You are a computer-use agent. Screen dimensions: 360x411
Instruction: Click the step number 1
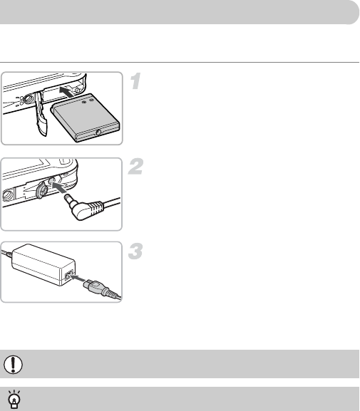click(x=136, y=81)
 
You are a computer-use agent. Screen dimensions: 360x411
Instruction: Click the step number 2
click(x=135, y=167)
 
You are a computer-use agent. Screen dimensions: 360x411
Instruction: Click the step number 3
click(x=135, y=251)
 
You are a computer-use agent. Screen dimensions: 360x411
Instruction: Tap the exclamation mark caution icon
click(x=13, y=364)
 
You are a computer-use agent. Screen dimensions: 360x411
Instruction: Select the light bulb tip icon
click(x=15, y=399)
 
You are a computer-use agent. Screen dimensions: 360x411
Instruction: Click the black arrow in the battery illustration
click(x=66, y=92)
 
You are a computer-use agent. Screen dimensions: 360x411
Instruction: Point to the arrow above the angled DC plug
click(x=58, y=187)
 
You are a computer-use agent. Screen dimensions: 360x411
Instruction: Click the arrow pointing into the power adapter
click(x=78, y=278)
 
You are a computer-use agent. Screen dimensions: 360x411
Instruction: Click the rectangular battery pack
click(x=85, y=118)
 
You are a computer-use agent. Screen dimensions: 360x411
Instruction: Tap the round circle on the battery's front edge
click(x=98, y=132)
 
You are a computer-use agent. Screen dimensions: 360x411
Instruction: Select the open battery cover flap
click(x=41, y=113)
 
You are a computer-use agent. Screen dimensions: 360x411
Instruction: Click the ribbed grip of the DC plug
click(x=96, y=208)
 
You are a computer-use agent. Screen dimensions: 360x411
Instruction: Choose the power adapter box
click(x=43, y=265)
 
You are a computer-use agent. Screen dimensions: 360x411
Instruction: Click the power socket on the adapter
click(x=68, y=276)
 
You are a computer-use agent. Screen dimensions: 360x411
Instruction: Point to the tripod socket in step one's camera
click(x=28, y=99)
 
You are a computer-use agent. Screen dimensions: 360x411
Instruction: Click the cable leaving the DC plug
click(x=111, y=202)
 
